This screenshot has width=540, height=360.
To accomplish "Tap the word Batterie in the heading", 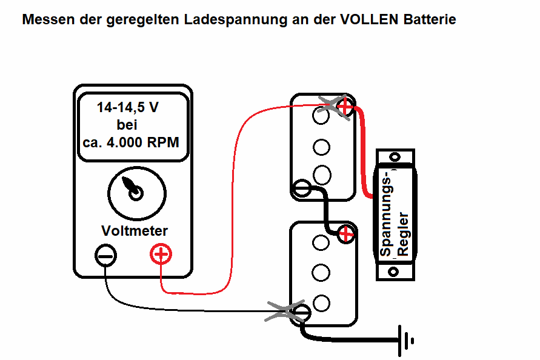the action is [x=430, y=19].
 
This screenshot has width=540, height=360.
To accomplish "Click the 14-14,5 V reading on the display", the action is [x=128, y=107].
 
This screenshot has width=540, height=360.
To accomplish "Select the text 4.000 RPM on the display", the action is [x=143, y=142].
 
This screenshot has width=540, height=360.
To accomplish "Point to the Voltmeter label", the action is [x=135, y=231].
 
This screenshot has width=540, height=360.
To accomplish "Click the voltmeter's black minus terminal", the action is [x=105, y=256].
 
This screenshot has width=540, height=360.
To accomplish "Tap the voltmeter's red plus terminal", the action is [x=161, y=254].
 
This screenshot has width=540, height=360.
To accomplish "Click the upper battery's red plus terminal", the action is [x=345, y=107].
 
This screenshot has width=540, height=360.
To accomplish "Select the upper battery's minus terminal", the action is [x=302, y=188].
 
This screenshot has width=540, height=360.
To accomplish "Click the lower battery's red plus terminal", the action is [x=346, y=235].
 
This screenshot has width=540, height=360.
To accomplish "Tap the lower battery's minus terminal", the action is [x=301, y=313].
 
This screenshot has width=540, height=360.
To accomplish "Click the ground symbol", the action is [x=405, y=341].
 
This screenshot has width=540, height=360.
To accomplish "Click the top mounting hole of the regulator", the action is [x=395, y=157].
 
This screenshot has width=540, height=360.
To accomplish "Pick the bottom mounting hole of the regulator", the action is [x=393, y=272].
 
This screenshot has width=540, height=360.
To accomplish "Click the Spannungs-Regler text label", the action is [x=394, y=213].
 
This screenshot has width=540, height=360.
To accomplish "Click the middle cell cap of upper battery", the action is [x=321, y=147].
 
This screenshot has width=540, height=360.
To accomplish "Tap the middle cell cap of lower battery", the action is [x=321, y=273].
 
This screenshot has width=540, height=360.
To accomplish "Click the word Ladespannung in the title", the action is [x=236, y=20].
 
